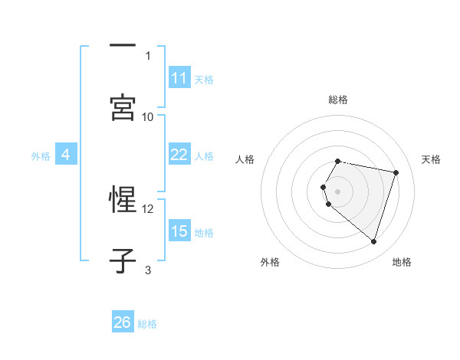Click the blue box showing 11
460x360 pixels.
179,78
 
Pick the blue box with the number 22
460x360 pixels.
179,155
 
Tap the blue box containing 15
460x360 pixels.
179,231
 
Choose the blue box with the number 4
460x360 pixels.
66,155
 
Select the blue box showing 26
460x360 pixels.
123,322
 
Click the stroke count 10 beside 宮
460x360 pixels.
148,116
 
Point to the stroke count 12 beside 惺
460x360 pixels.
148,208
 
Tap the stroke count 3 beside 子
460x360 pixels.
148,269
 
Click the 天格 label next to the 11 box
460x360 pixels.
204,79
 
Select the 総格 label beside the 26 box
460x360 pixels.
147,324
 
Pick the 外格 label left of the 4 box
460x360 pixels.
41,155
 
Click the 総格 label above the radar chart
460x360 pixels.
338,100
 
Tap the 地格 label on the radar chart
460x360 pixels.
402,262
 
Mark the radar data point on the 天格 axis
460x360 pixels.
396,172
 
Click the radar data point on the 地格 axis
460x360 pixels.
373,241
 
